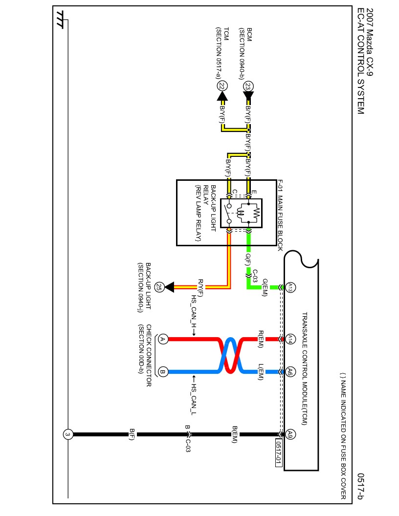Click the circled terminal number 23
pyautogui.click(x=248, y=86)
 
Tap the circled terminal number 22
pyautogui.click(x=222, y=86)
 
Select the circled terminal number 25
pyautogui.click(x=159, y=287)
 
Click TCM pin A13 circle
pyautogui.click(x=290, y=287)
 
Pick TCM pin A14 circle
pyautogui.click(x=290, y=339)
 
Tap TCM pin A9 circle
pyautogui.click(x=290, y=434)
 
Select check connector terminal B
pyautogui.click(x=163, y=372)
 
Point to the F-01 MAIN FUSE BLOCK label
pyautogui.click(x=280, y=215)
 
